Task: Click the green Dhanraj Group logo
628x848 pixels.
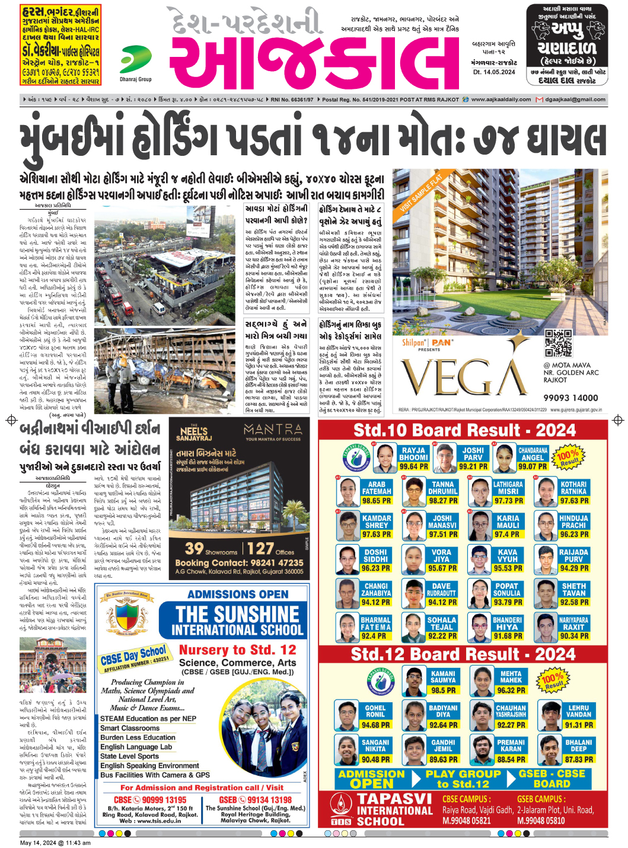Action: [x=135, y=60]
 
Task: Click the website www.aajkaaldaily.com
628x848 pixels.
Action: [x=501, y=100]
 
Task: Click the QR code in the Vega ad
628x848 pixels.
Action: [x=558, y=343]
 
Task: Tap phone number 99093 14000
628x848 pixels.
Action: [x=570, y=398]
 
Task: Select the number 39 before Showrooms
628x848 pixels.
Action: [x=194, y=548]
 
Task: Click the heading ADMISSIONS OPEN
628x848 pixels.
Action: [x=238, y=594]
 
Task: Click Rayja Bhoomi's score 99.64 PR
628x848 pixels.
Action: [x=413, y=466]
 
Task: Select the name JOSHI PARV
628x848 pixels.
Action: [x=473, y=454]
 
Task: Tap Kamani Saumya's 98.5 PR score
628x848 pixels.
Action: [x=443, y=690]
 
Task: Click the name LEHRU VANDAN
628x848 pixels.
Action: [x=578, y=711]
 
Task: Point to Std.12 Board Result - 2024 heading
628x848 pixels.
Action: [x=463, y=654]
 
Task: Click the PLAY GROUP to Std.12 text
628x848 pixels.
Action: [x=463, y=779]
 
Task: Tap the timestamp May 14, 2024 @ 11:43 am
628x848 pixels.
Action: [x=55, y=843]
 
